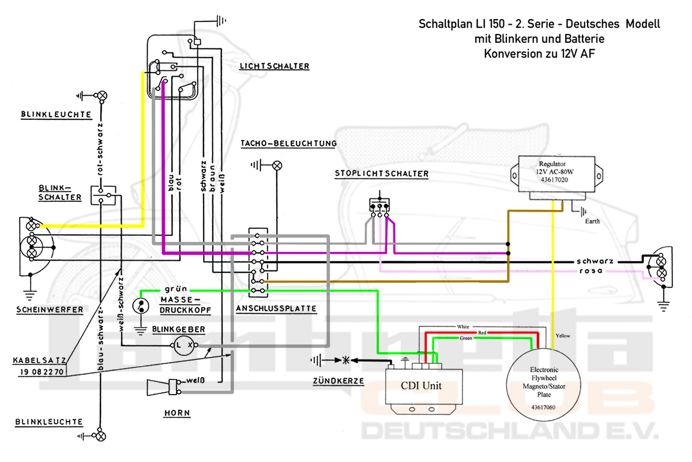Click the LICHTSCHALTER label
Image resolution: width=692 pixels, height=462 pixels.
click(x=274, y=66)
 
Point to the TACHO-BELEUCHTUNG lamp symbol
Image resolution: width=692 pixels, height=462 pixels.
click(x=277, y=166)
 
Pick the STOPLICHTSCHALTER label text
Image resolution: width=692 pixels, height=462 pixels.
click(x=381, y=174)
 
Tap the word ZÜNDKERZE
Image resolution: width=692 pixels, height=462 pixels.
click(x=339, y=381)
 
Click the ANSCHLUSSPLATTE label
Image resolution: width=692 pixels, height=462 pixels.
click(x=276, y=309)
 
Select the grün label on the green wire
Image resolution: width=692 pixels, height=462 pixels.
click(x=173, y=290)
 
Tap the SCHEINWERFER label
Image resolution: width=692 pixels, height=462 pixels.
click(x=48, y=309)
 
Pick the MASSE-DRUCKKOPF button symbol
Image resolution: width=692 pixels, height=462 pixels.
click(x=140, y=306)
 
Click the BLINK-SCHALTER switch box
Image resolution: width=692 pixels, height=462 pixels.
click(x=104, y=195)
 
